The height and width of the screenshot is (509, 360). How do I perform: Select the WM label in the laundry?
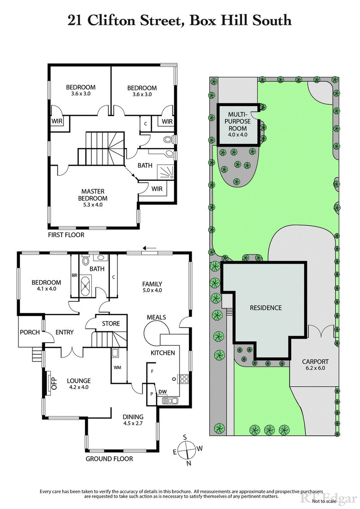[x=117, y=368]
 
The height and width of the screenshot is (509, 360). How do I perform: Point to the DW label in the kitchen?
[x=162, y=391]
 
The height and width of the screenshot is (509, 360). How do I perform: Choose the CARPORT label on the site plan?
[x=315, y=361]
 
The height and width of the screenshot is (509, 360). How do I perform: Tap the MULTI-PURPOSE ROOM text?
[x=238, y=122]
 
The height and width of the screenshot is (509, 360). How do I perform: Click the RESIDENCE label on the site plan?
[x=266, y=308]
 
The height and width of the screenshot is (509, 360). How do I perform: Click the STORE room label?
[x=111, y=323]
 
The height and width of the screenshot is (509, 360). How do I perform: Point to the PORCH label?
[x=30, y=332]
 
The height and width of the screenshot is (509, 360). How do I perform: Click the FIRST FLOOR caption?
[x=66, y=235]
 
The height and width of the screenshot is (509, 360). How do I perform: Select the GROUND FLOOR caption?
[x=109, y=459]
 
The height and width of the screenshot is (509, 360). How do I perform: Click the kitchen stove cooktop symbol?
[x=184, y=379]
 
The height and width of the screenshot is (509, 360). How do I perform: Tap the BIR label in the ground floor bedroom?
[x=75, y=275]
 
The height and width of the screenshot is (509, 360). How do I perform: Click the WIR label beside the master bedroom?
[x=157, y=189]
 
